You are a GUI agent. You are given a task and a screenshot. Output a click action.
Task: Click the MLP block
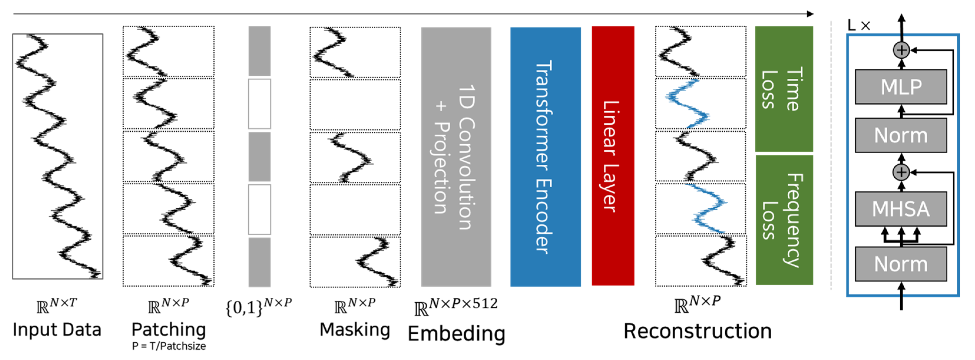point(901,87)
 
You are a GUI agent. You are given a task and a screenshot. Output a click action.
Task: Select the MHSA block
point(901,209)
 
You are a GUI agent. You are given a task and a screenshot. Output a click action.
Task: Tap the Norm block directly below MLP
point(901,135)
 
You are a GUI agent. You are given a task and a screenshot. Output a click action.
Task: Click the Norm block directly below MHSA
point(901,264)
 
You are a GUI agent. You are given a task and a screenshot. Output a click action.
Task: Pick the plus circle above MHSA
point(901,172)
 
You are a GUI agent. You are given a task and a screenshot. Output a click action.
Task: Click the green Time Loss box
point(784,89)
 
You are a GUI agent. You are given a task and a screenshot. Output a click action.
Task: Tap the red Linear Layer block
point(613,156)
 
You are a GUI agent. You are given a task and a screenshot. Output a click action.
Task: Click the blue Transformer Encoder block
point(545,156)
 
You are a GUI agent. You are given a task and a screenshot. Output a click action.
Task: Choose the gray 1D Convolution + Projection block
point(456,156)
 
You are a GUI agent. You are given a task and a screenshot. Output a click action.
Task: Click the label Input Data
point(57,330)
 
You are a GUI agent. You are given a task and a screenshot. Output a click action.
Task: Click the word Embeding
point(456,333)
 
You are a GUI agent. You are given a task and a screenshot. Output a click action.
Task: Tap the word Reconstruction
point(698,331)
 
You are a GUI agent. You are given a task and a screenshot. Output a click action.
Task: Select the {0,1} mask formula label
point(259,307)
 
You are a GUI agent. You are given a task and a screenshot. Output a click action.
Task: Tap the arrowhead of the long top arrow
point(810,14)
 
